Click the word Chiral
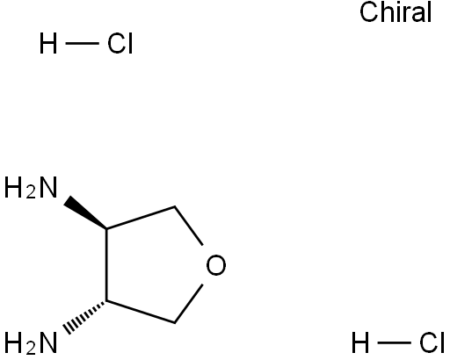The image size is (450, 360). [x=396, y=12]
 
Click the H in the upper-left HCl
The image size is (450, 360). [x=48, y=43]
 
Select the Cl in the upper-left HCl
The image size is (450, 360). [x=120, y=43]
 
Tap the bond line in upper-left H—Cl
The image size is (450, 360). [x=82, y=44]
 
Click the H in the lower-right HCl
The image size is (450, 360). [x=360, y=342]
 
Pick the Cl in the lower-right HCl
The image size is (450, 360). [x=432, y=342]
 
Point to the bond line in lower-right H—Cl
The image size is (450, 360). [x=395, y=342]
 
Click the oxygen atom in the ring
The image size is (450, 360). [x=216, y=265]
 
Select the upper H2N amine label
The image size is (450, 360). [x=31, y=188]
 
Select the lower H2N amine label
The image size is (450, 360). [x=31, y=342]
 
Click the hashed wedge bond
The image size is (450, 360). [x=85, y=315]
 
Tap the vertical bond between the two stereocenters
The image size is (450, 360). [x=106, y=264]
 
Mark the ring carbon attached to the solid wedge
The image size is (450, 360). [x=106, y=228]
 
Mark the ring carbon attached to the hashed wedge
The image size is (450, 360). [x=106, y=300]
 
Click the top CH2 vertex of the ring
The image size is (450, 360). [x=175, y=206]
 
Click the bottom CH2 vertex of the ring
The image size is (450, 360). [x=175, y=323]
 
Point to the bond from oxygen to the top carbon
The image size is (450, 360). [x=189, y=226]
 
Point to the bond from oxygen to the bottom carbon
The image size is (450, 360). [x=189, y=304]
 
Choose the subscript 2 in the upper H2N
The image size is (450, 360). [x=31, y=192]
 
